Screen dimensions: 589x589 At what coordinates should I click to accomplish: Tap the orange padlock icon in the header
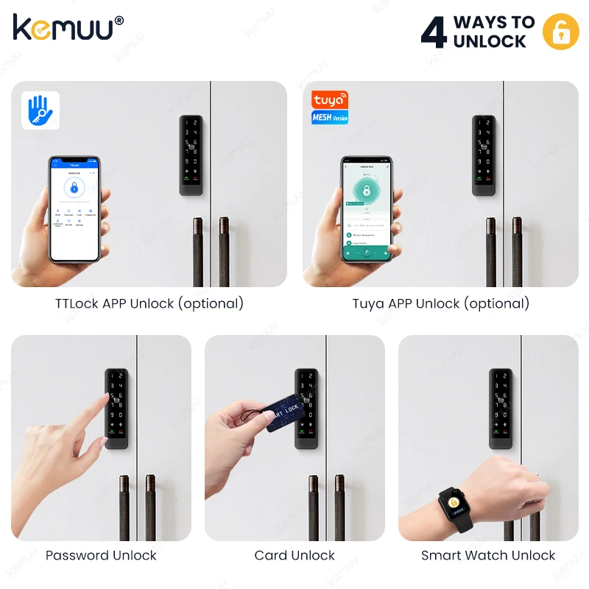click(x=561, y=32)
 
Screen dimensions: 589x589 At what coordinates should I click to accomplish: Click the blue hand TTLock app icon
click(x=40, y=110)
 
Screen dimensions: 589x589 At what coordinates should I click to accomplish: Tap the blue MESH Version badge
click(x=329, y=117)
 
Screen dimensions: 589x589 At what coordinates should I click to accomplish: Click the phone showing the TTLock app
click(x=74, y=208)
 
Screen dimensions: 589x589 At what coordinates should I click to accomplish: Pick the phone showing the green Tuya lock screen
click(x=366, y=208)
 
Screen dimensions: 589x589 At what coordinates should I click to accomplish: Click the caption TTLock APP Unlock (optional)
click(x=149, y=303)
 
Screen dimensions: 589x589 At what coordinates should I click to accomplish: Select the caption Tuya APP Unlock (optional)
click(x=440, y=303)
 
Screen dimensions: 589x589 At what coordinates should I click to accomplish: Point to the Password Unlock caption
click(x=101, y=555)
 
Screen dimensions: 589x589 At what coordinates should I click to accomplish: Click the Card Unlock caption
click(x=294, y=555)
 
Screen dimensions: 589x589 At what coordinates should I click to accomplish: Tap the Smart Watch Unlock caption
click(x=488, y=555)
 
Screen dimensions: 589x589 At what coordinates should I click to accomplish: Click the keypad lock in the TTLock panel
click(x=191, y=155)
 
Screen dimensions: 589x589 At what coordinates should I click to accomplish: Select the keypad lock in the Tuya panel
click(x=484, y=155)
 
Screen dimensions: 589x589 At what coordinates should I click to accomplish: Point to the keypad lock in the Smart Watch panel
click(x=502, y=409)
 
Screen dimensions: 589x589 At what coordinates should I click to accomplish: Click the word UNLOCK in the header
click(x=490, y=41)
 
